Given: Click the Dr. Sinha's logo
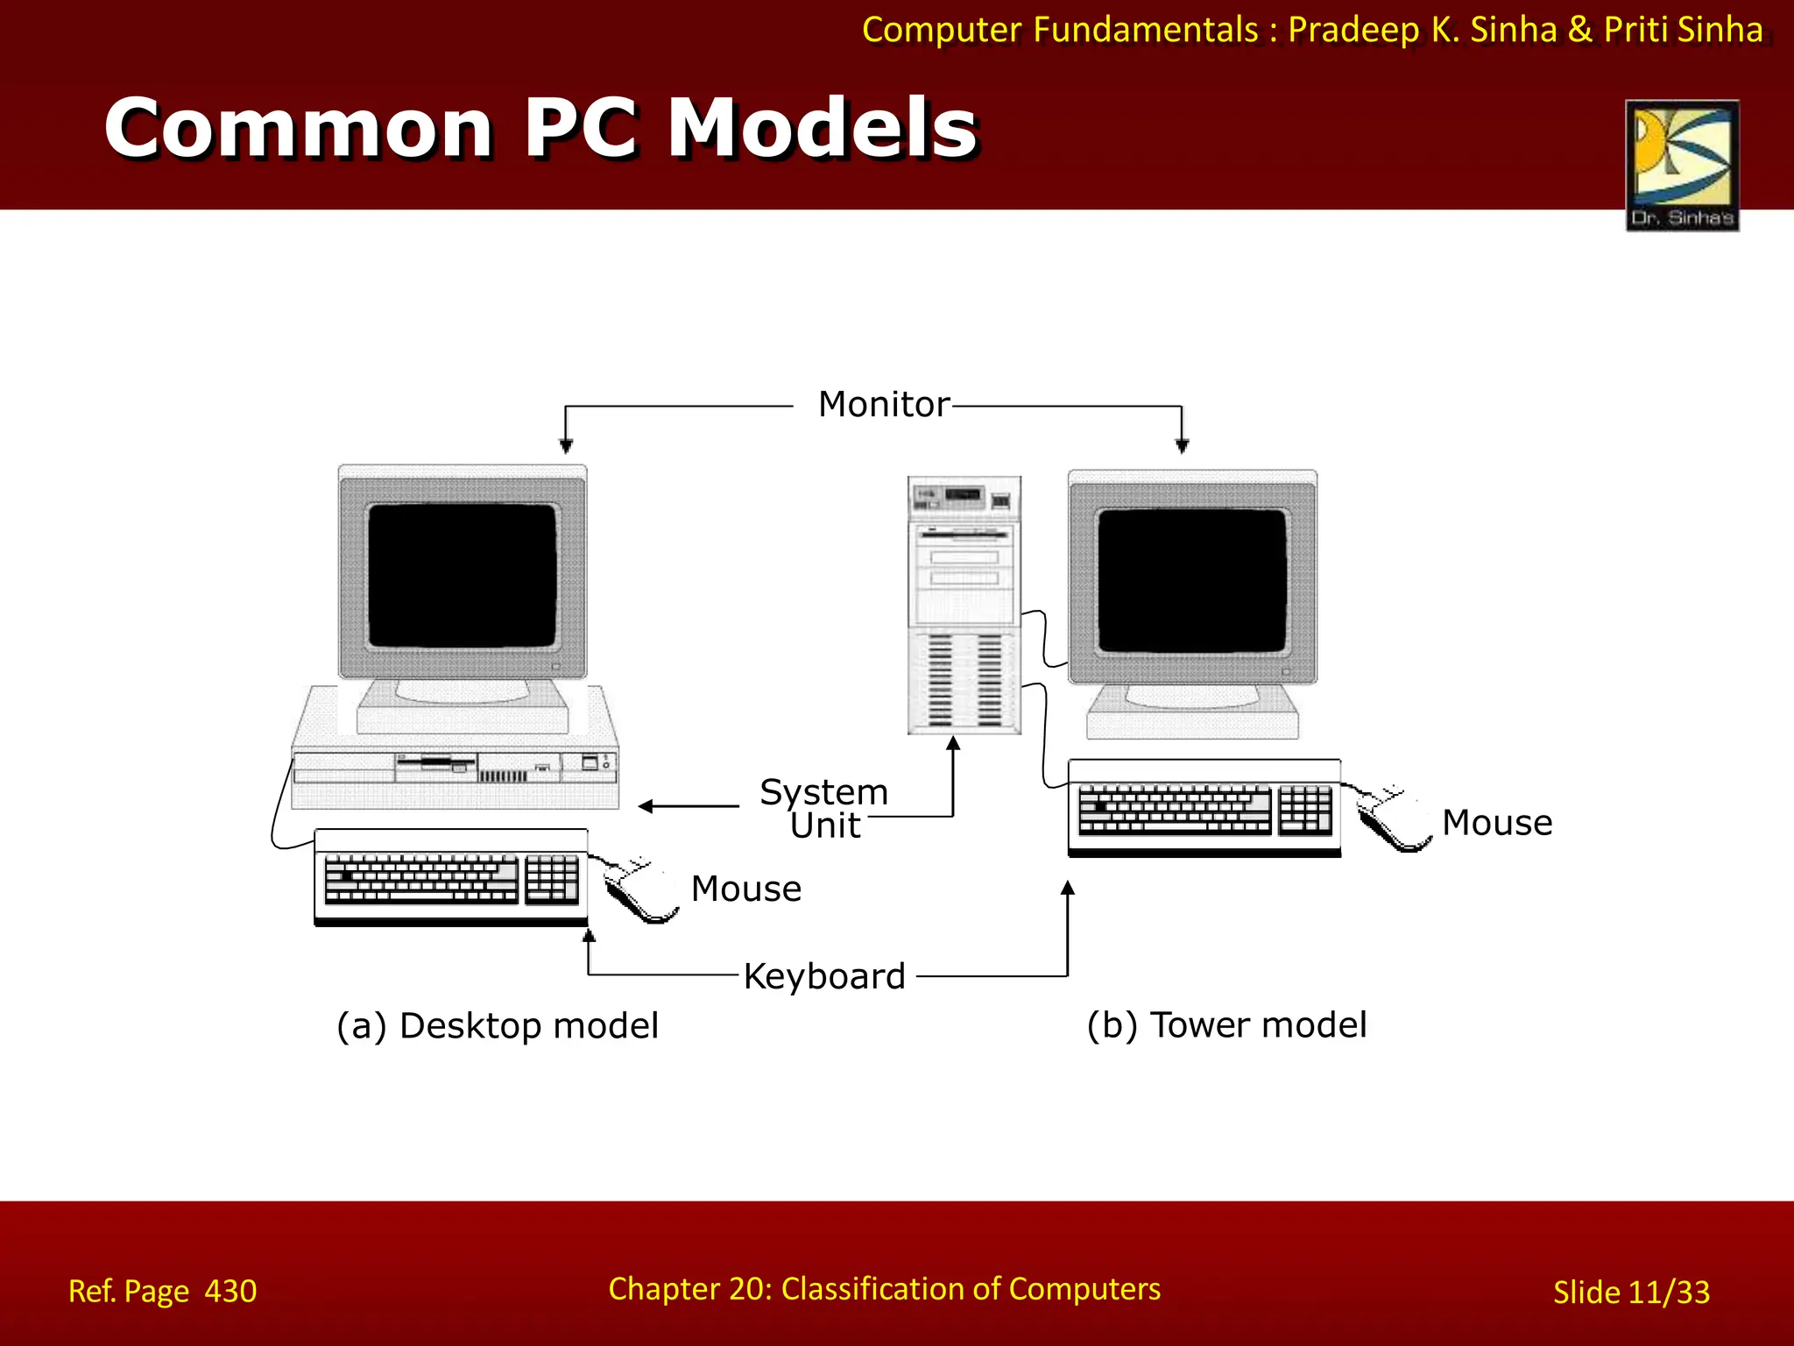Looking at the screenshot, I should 1682,165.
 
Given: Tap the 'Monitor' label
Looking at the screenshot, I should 883,405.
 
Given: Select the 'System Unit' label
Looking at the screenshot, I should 823,808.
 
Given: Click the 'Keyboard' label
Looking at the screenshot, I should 823,976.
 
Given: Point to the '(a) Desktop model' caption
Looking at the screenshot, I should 497,1025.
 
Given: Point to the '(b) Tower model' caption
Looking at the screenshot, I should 1226,1024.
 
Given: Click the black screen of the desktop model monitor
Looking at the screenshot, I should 463,575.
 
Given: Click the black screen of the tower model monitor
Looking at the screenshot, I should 1191,580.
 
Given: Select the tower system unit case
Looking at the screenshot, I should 964,605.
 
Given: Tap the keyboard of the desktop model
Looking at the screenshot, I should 450,877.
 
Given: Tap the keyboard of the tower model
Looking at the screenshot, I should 1204,808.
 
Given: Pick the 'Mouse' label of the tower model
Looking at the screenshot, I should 1497,823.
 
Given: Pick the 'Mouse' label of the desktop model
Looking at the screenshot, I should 745,889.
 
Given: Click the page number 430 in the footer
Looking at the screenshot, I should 230,1291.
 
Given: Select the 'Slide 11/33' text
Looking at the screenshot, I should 1631,1292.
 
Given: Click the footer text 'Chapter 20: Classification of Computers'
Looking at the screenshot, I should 884,1289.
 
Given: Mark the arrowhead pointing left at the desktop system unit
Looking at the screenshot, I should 646,806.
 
